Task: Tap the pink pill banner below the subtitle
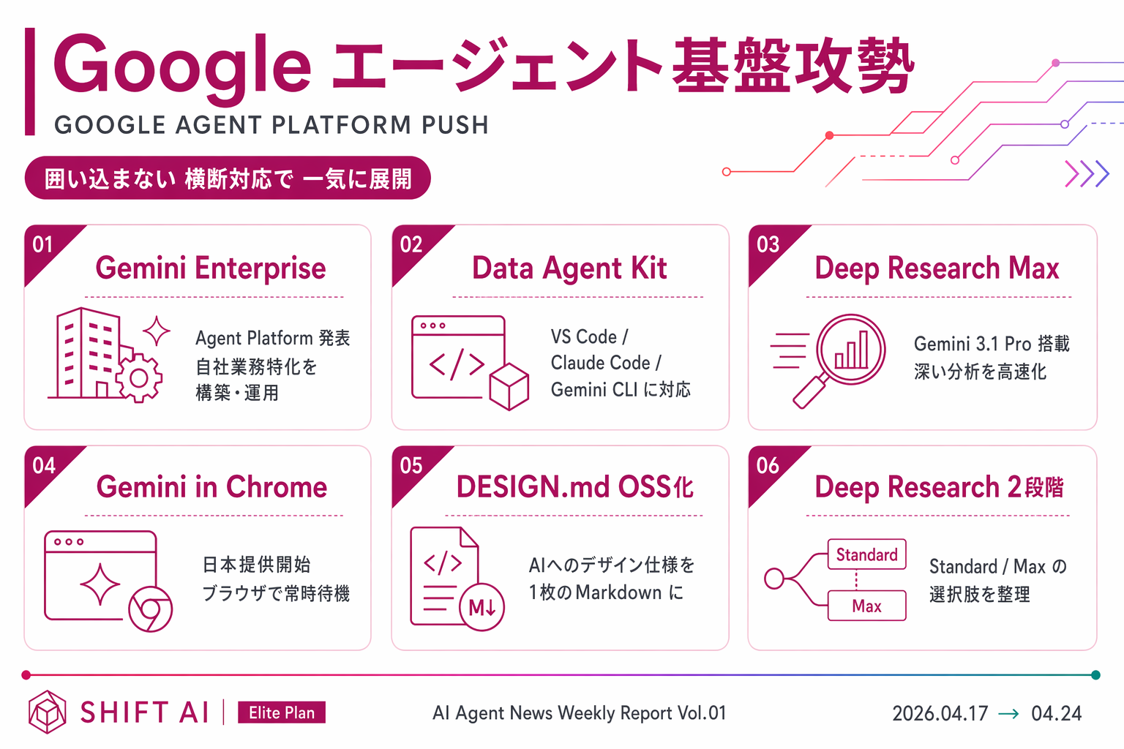coord(228,178)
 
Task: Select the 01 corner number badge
coord(43,244)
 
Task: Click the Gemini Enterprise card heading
coord(211,268)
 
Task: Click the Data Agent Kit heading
coord(569,268)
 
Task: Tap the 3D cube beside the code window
coord(509,385)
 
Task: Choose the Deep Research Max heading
coord(937,268)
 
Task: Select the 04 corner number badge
coord(44,465)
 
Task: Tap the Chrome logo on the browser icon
coord(150,609)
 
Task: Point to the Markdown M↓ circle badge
coord(482,607)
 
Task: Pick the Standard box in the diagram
coord(866,554)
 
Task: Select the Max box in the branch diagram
coord(866,606)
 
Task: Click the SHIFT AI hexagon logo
coord(48,712)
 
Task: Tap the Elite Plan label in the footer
coord(282,712)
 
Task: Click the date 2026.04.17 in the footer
coord(940,713)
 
